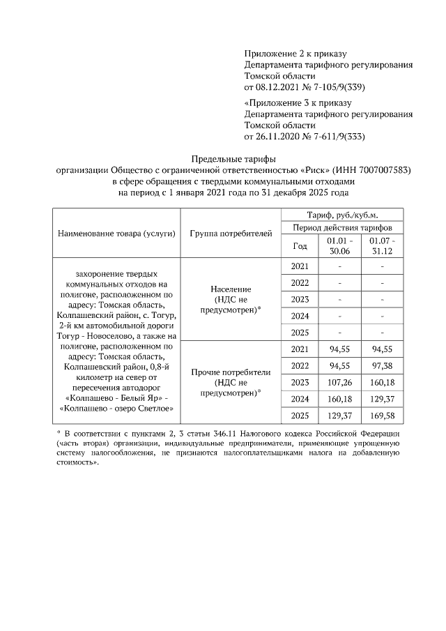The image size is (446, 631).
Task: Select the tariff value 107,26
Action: click(x=339, y=382)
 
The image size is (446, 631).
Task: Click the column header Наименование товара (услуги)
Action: click(x=117, y=233)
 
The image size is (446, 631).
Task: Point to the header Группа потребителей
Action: click(x=231, y=233)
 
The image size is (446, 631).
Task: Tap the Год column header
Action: click(x=300, y=246)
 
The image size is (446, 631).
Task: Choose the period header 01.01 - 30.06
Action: click(x=339, y=246)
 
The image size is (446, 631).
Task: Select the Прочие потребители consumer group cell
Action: click(x=231, y=382)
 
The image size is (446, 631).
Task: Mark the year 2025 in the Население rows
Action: click(x=300, y=332)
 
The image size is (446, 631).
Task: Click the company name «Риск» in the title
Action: click(x=315, y=169)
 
